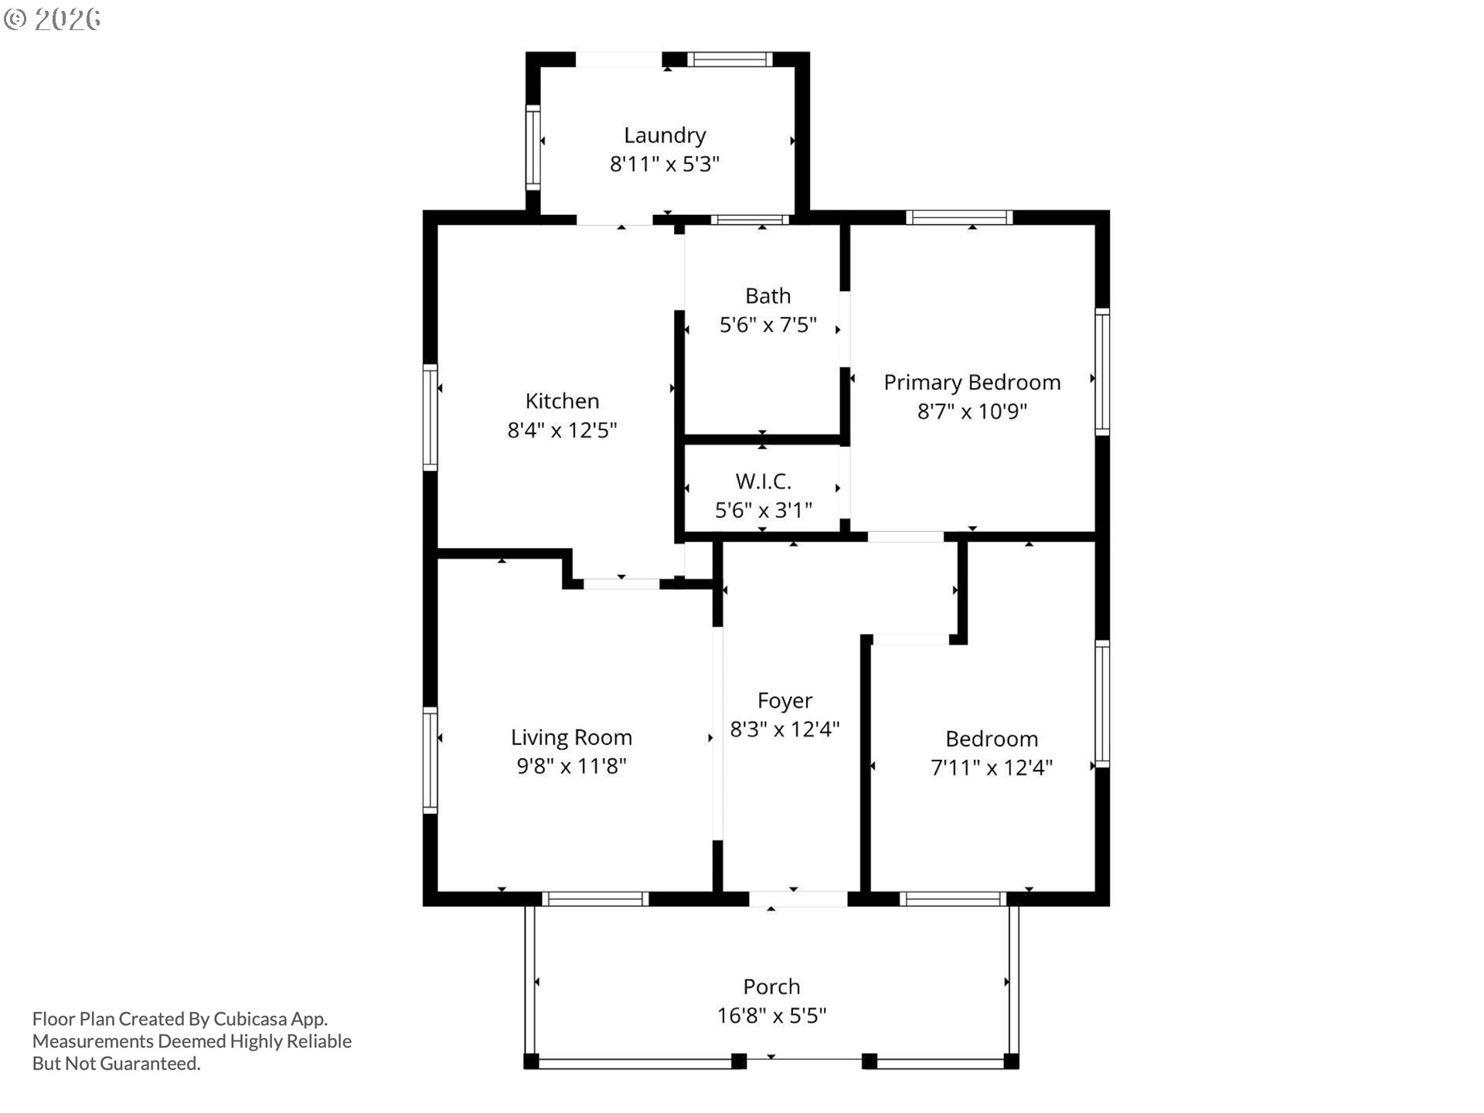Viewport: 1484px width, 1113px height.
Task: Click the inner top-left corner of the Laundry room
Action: pos(539,67)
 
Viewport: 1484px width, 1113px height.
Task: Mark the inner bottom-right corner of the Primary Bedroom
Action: pos(1096,532)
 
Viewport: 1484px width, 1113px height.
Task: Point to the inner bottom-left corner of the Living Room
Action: pos(437,891)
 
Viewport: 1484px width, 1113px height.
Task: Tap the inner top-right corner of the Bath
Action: pos(840,225)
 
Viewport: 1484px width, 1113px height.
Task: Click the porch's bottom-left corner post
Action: pos(530,1061)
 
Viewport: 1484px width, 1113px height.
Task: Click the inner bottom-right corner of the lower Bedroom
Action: pos(1096,891)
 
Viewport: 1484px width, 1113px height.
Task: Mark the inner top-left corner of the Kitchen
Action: pos(437,225)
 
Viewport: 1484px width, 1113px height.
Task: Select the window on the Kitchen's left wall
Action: pos(430,417)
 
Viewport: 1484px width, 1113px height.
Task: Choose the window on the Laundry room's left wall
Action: pos(533,148)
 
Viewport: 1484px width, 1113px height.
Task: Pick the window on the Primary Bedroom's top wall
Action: pos(959,217)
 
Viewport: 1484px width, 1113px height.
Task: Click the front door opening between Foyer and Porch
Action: pos(798,899)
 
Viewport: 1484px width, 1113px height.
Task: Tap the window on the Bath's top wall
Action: pos(750,220)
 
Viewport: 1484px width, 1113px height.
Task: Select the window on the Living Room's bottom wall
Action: pos(595,899)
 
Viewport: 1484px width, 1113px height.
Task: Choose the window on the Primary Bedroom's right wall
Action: pos(1103,371)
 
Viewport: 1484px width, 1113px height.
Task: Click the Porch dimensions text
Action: pos(771,1016)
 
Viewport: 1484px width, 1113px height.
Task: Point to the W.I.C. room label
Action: pos(763,481)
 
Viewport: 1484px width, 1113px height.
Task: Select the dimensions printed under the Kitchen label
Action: pos(562,430)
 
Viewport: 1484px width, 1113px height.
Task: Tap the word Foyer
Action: pos(785,701)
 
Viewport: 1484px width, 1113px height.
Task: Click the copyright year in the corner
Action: pos(67,19)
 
